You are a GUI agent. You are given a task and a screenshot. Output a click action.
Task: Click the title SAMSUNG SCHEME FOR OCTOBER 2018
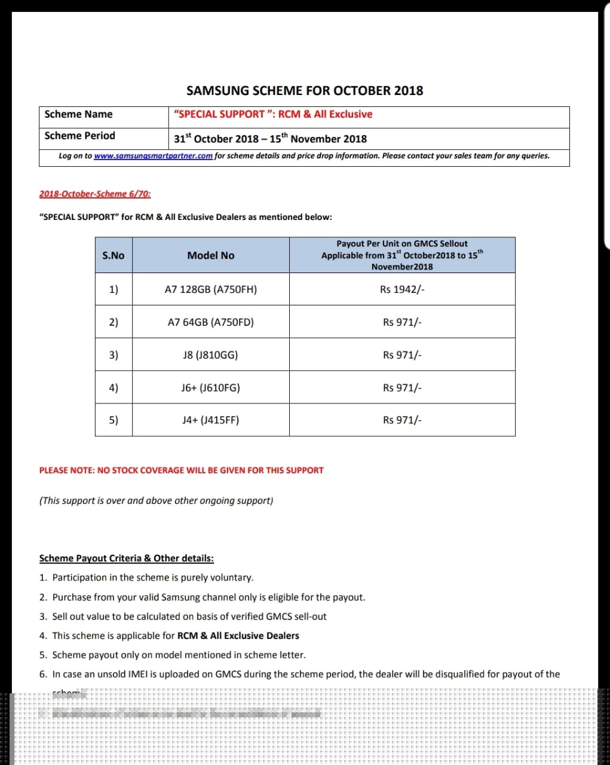pyautogui.click(x=305, y=91)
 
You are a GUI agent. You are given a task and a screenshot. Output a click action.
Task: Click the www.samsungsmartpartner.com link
pyautogui.click(x=153, y=156)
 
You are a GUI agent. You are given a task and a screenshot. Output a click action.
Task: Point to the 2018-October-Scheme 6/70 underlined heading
pyautogui.click(x=95, y=194)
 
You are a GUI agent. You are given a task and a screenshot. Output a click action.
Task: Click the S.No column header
pyautogui.click(x=114, y=256)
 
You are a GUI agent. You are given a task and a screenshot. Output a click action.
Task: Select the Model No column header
pyautogui.click(x=211, y=256)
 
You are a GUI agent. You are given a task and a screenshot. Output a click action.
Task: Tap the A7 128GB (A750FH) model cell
pyautogui.click(x=211, y=290)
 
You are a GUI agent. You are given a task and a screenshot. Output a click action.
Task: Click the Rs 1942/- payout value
pyautogui.click(x=402, y=290)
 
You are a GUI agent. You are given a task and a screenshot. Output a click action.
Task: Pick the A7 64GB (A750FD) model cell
pyautogui.click(x=211, y=323)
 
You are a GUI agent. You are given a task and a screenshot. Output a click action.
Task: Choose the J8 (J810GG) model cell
pyautogui.click(x=210, y=355)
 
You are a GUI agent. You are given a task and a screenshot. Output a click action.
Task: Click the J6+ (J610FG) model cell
pyautogui.click(x=210, y=388)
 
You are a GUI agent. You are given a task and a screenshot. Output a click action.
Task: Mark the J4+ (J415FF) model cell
pyautogui.click(x=210, y=420)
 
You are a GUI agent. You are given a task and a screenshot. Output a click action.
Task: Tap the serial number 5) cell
pyautogui.click(x=114, y=420)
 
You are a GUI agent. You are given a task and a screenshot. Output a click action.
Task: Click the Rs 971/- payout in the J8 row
pyautogui.click(x=402, y=355)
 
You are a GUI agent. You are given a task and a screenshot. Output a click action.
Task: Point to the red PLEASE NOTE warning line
pyautogui.click(x=181, y=471)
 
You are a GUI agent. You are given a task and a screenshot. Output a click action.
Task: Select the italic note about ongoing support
pyautogui.click(x=156, y=501)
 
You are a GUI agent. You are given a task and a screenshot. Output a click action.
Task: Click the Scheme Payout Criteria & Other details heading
pyautogui.click(x=126, y=559)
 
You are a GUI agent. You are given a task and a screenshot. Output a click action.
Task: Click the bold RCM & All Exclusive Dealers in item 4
pyautogui.click(x=238, y=636)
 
